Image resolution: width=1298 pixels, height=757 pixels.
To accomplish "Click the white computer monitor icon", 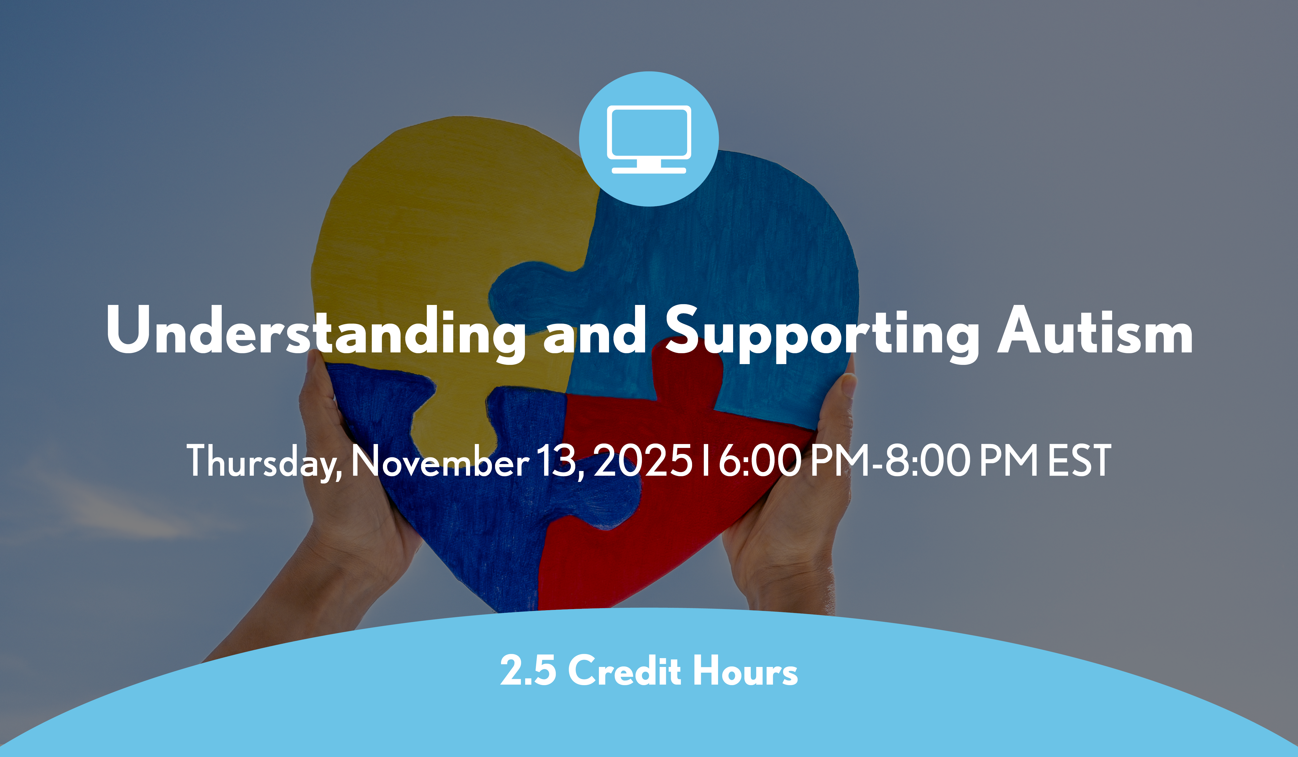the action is coord(649,139).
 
